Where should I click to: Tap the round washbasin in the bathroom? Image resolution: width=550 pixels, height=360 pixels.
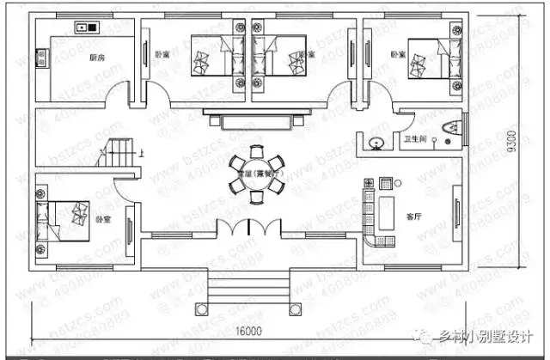click(x=376, y=139)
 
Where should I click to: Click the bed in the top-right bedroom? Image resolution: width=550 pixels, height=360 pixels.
click(x=427, y=58)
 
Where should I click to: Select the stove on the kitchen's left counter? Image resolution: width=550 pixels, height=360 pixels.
click(x=40, y=58)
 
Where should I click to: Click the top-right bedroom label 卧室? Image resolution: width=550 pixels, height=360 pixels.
click(x=398, y=54)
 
